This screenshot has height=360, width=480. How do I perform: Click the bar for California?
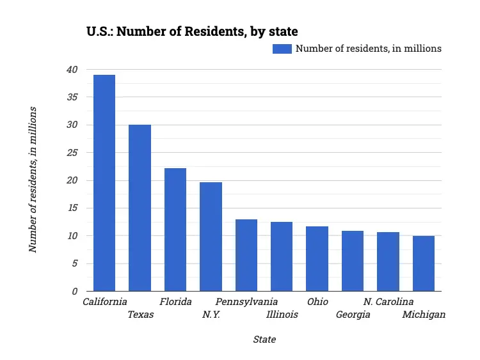[104, 183]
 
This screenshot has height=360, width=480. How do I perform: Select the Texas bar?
[140, 208]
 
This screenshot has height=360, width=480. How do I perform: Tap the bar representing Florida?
[175, 230]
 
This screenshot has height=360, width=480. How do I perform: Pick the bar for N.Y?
[211, 237]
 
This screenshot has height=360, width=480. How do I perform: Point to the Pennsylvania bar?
[246, 255]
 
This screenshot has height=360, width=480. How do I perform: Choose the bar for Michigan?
[424, 263]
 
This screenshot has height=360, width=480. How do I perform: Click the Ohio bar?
[317, 259]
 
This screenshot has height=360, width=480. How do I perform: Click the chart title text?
[192, 31]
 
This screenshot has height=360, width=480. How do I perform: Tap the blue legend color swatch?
[282, 49]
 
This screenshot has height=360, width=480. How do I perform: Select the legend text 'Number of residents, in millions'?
[368, 49]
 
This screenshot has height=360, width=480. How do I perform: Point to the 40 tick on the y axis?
[72, 70]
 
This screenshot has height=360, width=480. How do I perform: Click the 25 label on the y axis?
[72, 153]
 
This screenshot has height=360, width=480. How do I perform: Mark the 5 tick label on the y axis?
[74, 263]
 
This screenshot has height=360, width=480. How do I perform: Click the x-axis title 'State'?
[264, 340]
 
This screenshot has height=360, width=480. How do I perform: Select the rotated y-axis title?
[33, 180]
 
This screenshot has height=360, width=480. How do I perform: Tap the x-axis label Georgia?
[353, 315]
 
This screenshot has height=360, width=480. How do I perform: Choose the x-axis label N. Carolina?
[388, 302]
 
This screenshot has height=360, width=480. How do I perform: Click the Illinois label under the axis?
[282, 315]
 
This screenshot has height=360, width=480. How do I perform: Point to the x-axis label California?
[105, 302]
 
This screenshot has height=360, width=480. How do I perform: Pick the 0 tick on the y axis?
[74, 292]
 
